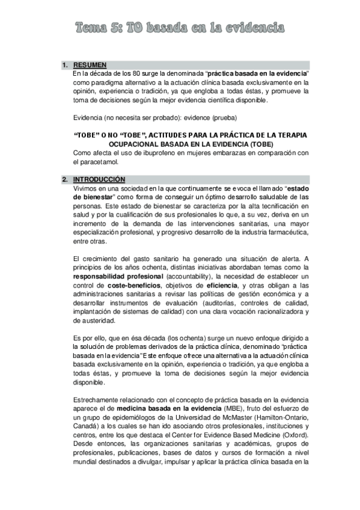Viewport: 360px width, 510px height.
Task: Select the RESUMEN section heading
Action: (90, 65)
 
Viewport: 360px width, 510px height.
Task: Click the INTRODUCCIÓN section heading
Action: (99, 180)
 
